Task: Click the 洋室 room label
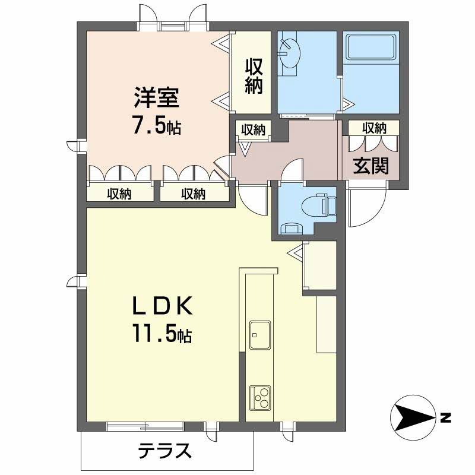(x=157, y=97)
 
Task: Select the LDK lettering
(x=161, y=305)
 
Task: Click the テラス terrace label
(x=165, y=451)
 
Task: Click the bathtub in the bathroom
(x=372, y=47)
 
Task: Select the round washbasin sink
(x=290, y=54)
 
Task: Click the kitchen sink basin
(x=260, y=335)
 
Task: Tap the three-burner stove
(x=260, y=398)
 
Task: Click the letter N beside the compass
(x=446, y=418)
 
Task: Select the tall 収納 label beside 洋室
(x=254, y=75)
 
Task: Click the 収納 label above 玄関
(x=375, y=128)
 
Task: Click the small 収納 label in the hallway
(x=254, y=130)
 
